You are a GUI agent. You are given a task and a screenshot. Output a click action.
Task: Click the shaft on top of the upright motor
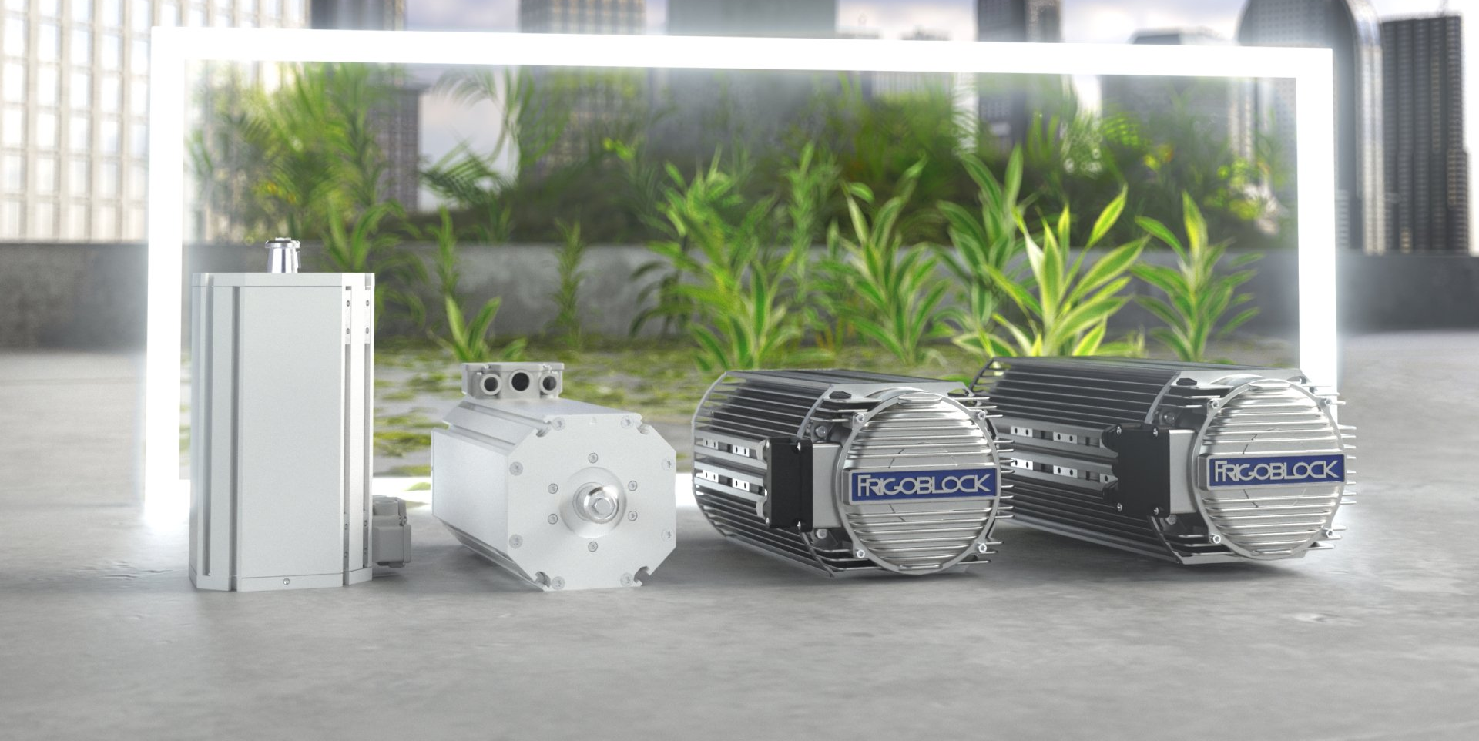tap(283, 256)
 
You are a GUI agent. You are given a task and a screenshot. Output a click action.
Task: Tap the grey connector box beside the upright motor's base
tap(391, 531)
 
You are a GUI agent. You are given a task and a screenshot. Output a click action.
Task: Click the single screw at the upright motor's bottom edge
tap(287, 582)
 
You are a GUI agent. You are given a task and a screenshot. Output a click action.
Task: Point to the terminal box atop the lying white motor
tap(512, 381)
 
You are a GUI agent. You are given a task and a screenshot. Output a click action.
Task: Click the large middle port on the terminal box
tap(521, 380)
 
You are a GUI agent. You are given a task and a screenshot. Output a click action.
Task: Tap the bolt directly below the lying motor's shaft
tap(592, 546)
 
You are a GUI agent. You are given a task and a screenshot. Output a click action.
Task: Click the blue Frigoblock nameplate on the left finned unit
tap(924, 484)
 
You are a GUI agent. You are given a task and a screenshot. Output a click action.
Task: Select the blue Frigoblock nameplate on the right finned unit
tap(1276, 471)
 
